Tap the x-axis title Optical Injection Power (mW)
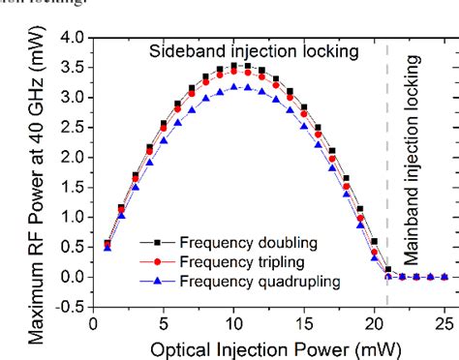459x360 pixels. pos(270,346)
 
